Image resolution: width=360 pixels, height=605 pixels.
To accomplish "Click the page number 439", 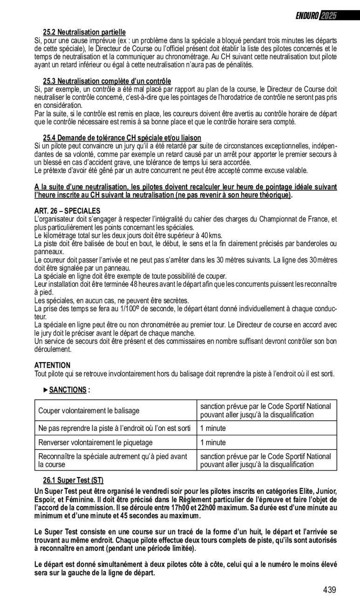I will (x=329, y=590).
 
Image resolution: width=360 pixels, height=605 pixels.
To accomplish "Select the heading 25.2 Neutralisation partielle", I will (x=84, y=32).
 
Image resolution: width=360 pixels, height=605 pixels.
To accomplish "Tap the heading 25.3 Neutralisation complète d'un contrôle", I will (x=107, y=81).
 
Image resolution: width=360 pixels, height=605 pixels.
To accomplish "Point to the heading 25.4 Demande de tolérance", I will (x=122, y=138).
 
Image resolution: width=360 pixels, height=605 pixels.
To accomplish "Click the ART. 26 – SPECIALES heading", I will (x=67, y=211).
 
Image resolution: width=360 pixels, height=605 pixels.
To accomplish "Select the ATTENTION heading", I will (x=52, y=365).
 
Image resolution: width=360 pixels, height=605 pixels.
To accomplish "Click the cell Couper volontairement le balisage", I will (x=88, y=410).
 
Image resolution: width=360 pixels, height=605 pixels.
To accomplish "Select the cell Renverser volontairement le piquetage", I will (x=95, y=443).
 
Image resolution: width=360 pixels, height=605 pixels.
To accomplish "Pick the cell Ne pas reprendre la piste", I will (x=115, y=427).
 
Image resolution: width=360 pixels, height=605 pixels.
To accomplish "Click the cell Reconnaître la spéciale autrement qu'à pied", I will (x=113, y=460).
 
